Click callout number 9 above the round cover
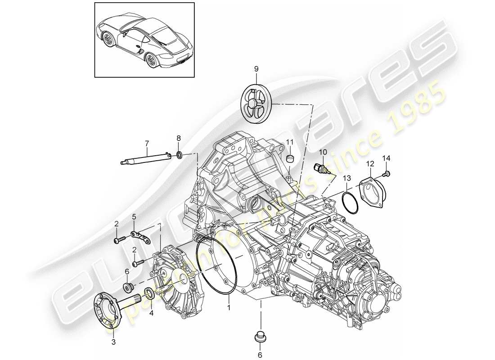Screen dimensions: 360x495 (256, 69)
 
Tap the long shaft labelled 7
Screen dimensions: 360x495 (146, 159)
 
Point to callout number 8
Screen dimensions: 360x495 (178, 138)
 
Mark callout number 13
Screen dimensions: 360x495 (346, 178)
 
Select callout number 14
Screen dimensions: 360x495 (386, 158)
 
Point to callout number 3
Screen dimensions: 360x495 (113, 342)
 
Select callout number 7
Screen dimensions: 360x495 (146, 144)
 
